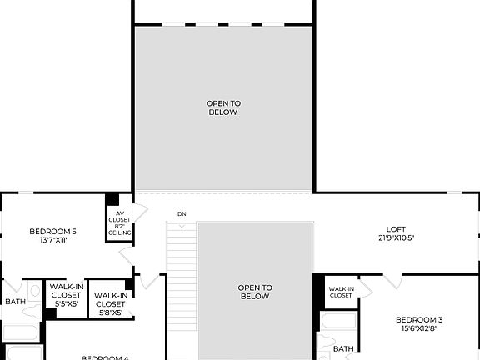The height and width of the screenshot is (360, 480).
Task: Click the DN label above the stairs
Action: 182,214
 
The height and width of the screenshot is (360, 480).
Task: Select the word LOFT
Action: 396,229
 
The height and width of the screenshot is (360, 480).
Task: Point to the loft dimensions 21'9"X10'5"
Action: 396,238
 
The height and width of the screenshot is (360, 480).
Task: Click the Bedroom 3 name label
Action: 418,320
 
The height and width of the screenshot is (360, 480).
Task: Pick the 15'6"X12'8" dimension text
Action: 418,329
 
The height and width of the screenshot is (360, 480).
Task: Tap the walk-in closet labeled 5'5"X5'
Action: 66,295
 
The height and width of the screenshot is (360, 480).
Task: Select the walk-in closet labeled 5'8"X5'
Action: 110,303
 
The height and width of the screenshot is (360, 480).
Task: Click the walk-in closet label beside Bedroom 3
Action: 340,292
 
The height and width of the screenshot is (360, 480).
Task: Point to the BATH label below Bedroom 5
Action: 15,302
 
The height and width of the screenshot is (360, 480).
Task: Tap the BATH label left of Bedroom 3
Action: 343,348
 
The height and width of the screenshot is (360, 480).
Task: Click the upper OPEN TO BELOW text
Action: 222,107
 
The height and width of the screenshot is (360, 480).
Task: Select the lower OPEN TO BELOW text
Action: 255,291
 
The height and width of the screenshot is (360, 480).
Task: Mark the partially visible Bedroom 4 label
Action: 104,357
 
